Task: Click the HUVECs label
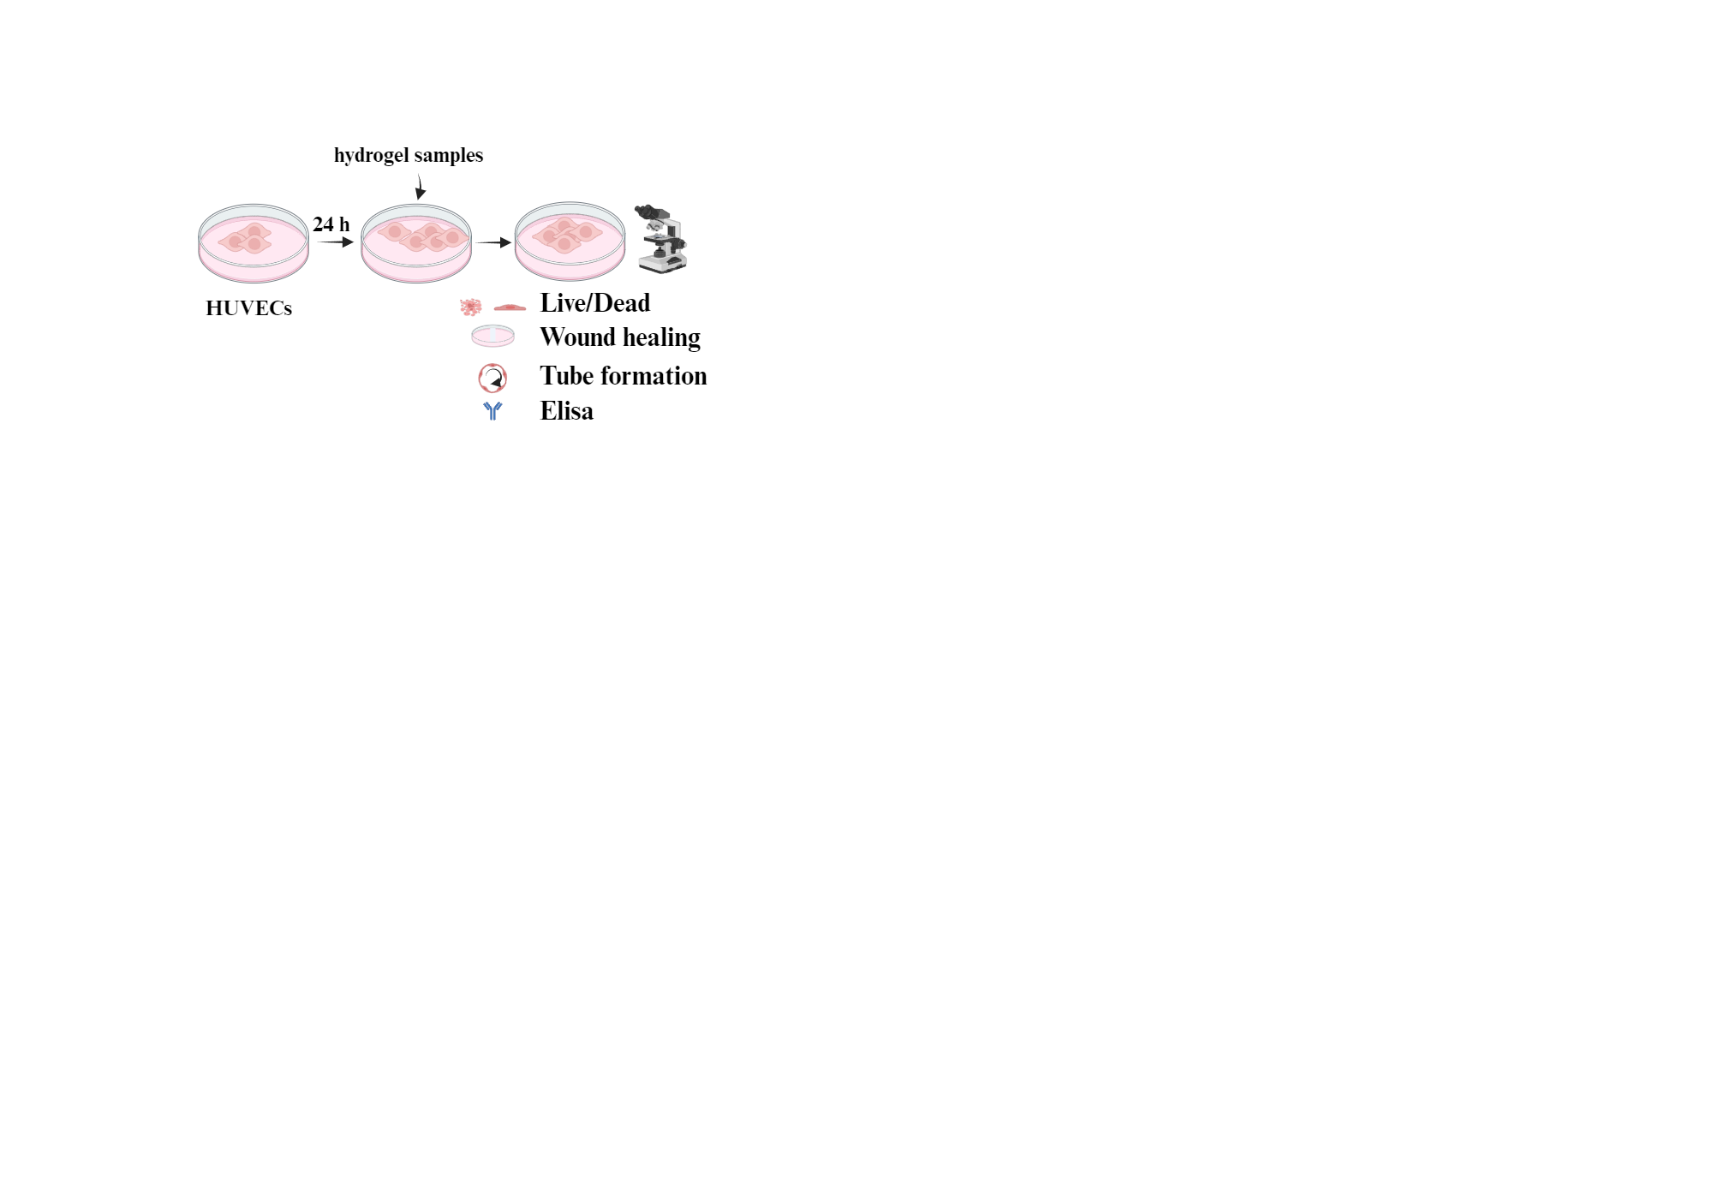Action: [x=248, y=308]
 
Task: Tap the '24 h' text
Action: [x=331, y=224]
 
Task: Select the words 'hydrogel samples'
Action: [x=408, y=155]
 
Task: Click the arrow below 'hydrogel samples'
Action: [x=420, y=187]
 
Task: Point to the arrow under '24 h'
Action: [x=335, y=242]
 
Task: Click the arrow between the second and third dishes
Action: [x=493, y=242]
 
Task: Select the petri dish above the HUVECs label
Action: [x=254, y=243]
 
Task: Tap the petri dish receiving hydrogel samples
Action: [x=416, y=243]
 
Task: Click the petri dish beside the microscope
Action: [x=570, y=242]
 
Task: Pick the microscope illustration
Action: [x=662, y=239]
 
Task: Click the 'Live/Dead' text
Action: [x=594, y=303]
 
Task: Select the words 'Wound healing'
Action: [x=619, y=337]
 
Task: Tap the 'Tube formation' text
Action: [x=623, y=376]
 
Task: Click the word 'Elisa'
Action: [x=566, y=411]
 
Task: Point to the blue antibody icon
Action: [x=492, y=411]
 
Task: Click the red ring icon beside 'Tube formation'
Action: [x=492, y=378]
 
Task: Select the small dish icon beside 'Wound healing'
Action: [x=492, y=336]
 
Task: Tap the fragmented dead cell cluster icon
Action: [x=470, y=307]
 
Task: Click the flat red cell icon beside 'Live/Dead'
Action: [x=510, y=307]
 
